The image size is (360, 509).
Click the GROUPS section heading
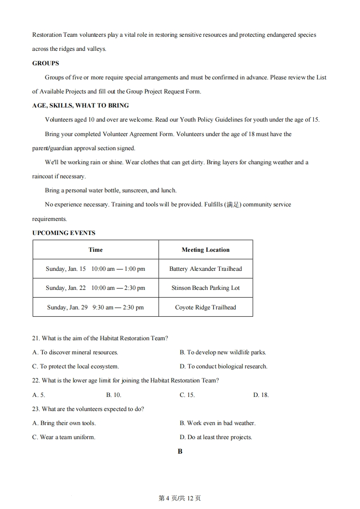click(x=45, y=63)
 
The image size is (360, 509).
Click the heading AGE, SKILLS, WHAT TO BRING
click(x=80, y=105)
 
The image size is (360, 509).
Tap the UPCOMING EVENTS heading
click(x=64, y=233)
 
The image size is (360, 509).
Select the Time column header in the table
click(x=95, y=250)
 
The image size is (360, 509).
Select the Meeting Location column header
click(x=205, y=250)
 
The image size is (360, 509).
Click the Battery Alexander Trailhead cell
click(x=205, y=269)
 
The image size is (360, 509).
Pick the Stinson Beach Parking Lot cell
click(x=205, y=288)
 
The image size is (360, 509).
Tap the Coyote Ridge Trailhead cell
click(x=205, y=307)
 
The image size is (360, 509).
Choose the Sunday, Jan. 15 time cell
click(x=95, y=269)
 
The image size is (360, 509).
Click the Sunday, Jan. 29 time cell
click(x=95, y=307)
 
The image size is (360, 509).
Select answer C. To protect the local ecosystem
click(x=75, y=366)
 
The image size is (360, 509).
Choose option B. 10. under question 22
click(x=113, y=395)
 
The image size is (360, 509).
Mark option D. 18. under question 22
click(x=261, y=395)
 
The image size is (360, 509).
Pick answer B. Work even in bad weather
click(x=217, y=423)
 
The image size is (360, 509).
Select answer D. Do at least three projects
click(x=216, y=437)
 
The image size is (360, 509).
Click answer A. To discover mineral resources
click(x=75, y=352)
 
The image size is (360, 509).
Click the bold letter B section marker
click(x=180, y=451)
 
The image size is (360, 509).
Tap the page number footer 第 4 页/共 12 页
click(x=180, y=498)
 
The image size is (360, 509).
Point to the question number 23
click(x=36, y=409)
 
